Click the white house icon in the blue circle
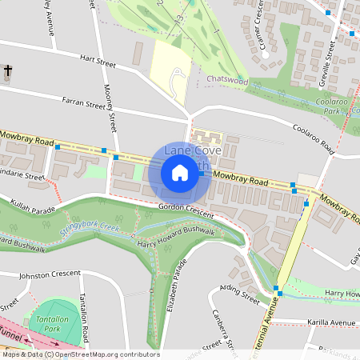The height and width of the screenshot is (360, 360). click(180, 173)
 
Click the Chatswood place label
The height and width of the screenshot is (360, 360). click(227, 81)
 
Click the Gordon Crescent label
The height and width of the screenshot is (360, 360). click(186, 210)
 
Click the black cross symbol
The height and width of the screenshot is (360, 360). click(8, 72)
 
